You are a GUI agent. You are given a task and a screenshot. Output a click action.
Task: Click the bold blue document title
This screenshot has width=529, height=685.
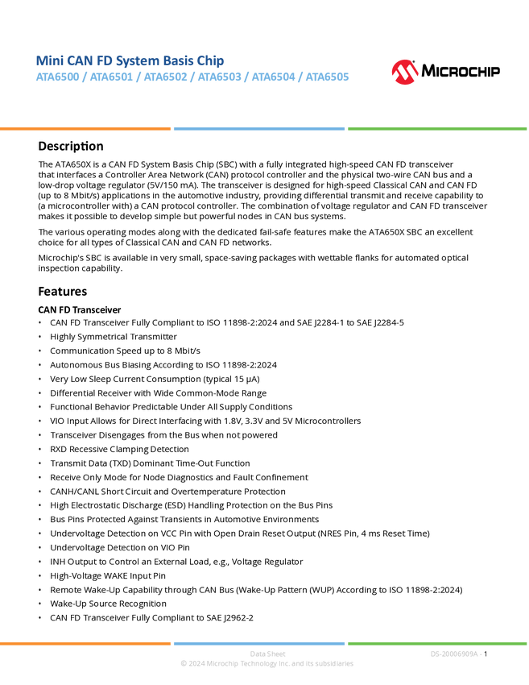130,60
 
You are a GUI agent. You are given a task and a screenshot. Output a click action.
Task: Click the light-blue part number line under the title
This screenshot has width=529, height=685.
192,77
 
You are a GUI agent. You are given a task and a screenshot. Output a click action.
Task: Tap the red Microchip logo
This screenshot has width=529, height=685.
404,72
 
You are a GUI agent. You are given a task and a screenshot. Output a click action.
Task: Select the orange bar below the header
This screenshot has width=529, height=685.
85,129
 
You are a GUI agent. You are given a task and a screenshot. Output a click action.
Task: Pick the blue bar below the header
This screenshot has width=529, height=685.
258,129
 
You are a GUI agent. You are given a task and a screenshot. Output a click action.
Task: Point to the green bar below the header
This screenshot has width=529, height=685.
437,129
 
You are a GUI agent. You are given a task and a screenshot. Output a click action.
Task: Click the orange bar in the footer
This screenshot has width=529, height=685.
85,643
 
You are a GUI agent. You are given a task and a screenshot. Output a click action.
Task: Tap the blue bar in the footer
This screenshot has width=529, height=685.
258,643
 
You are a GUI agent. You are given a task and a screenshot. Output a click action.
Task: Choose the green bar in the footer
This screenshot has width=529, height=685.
437,643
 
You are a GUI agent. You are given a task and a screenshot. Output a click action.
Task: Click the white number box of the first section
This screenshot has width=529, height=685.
19,146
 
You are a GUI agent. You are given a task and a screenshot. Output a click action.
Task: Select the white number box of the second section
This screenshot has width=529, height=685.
19,291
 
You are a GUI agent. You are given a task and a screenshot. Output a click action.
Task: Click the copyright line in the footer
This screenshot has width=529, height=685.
267,664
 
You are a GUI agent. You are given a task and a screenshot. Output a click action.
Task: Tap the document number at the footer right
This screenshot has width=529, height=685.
456,654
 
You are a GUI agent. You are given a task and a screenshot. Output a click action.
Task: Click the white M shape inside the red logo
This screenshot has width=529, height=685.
404,74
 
